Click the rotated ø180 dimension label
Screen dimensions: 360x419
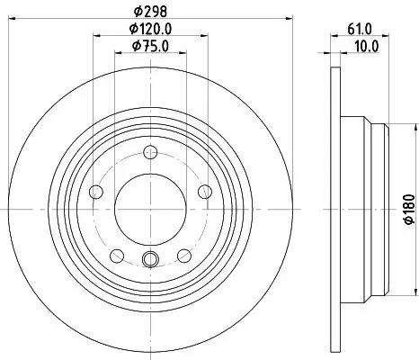(x=407, y=208)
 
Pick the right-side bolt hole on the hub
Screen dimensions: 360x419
(x=204, y=190)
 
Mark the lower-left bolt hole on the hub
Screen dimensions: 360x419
(x=115, y=254)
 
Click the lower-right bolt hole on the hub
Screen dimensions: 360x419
(x=183, y=254)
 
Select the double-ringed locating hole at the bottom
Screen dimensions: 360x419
(x=149, y=262)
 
